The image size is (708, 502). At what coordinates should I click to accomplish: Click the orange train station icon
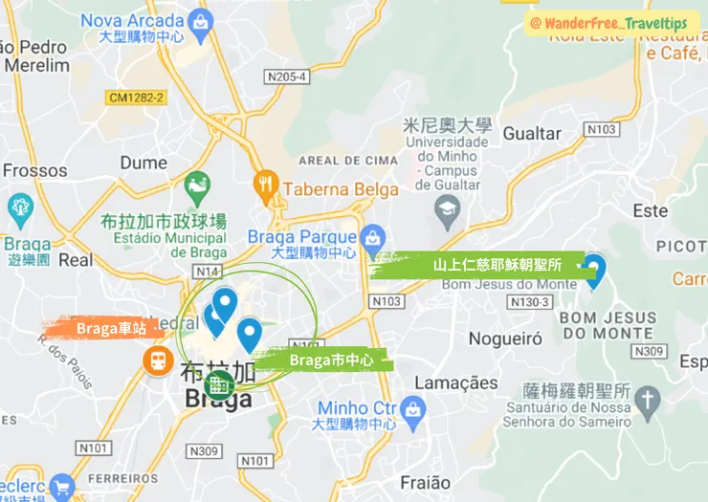point(154,360)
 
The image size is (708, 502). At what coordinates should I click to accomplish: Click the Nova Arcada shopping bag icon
point(201,20)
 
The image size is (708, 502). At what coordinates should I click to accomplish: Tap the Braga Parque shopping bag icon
point(372,236)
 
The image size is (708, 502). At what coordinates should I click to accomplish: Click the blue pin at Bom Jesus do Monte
point(594,270)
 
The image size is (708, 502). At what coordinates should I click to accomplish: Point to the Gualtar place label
point(532,134)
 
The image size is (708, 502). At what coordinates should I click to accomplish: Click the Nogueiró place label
point(505,338)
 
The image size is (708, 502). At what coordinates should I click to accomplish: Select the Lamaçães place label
point(455,383)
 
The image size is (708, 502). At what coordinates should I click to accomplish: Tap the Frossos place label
point(35,171)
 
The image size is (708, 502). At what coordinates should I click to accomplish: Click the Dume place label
point(144,163)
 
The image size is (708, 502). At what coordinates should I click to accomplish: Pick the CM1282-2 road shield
point(137,97)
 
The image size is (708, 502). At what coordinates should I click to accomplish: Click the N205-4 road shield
point(287,76)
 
